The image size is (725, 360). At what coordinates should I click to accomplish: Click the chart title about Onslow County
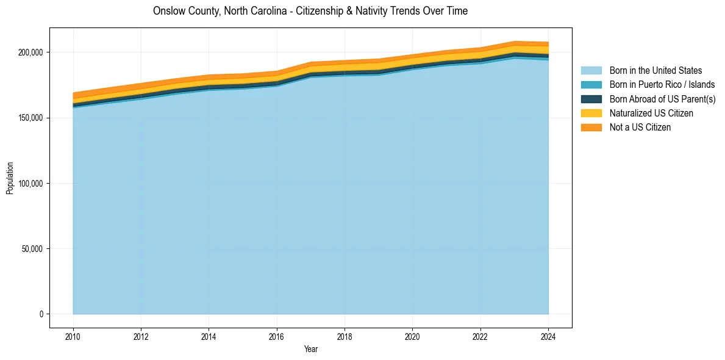[x=310, y=11]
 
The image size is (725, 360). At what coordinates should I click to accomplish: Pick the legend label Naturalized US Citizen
[x=651, y=113]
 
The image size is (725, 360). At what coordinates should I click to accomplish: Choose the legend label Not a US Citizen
[x=640, y=128]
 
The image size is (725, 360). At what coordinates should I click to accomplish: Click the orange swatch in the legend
[x=591, y=128]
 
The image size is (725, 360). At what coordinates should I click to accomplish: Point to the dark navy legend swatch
[x=591, y=99]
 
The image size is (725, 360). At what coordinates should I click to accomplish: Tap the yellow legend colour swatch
[x=591, y=113]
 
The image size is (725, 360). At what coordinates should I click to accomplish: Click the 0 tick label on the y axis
[x=41, y=314]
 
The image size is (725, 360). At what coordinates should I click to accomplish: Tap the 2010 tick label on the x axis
[x=73, y=336]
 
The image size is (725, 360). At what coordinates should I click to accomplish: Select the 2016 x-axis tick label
[x=277, y=336]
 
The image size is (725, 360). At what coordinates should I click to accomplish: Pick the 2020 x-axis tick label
[x=413, y=336]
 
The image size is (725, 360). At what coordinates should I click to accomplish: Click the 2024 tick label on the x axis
[x=548, y=336]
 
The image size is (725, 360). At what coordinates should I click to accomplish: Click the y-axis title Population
[x=10, y=178]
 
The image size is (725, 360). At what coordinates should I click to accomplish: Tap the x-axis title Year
[x=310, y=349]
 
